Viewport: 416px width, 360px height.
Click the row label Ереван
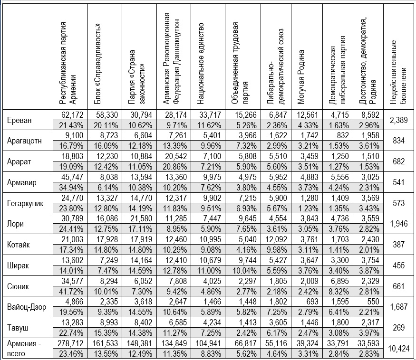tap(19, 120)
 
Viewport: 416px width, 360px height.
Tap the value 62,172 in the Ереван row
tap(73, 115)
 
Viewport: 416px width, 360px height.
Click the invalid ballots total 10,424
tap(398, 349)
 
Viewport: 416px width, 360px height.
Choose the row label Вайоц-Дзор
tap(27, 307)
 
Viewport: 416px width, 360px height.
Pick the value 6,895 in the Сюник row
tap(337, 282)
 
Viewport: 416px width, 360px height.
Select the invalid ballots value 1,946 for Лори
tap(398, 223)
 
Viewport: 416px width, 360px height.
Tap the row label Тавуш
tap(19, 328)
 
